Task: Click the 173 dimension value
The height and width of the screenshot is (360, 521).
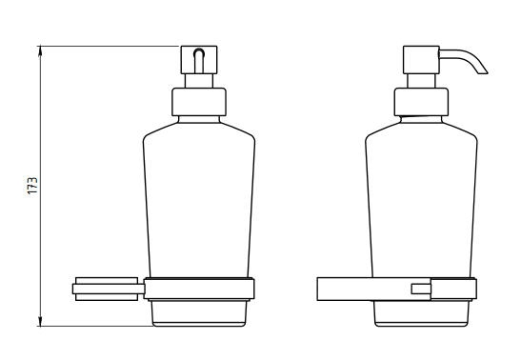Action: pos(32,186)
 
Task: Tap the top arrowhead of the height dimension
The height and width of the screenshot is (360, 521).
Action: pos(40,51)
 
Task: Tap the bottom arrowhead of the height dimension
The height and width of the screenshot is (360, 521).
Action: pos(40,321)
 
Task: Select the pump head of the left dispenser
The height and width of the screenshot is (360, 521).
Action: pos(199,60)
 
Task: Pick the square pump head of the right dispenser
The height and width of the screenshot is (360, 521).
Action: pos(421,60)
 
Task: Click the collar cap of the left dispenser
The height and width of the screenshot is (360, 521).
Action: pos(199,102)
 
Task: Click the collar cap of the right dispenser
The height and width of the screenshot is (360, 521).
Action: pos(421,102)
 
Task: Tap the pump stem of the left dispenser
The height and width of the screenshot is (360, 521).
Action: pos(199,81)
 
